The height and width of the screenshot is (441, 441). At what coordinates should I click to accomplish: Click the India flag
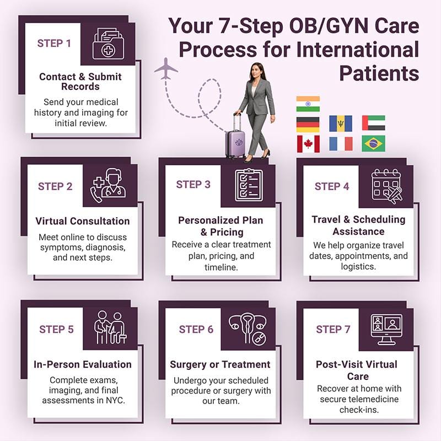coord(308,104)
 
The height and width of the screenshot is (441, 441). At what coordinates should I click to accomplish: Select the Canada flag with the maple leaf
coord(308,144)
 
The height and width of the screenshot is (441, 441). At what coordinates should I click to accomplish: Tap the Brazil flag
coord(374,144)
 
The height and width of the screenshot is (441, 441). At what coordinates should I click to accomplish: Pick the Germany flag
coord(308,124)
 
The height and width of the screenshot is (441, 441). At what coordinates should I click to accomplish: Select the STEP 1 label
coord(54,43)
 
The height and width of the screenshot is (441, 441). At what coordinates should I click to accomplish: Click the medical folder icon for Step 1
coord(108,44)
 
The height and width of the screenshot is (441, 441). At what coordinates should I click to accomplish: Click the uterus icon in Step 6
coord(246,329)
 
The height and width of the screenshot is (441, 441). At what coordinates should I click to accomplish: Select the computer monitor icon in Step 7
coord(386,330)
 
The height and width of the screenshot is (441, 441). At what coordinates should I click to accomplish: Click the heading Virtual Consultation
coord(83,221)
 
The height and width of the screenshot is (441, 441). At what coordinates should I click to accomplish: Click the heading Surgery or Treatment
coord(220,364)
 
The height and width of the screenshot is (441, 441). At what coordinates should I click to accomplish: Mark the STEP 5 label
coord(56,330)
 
